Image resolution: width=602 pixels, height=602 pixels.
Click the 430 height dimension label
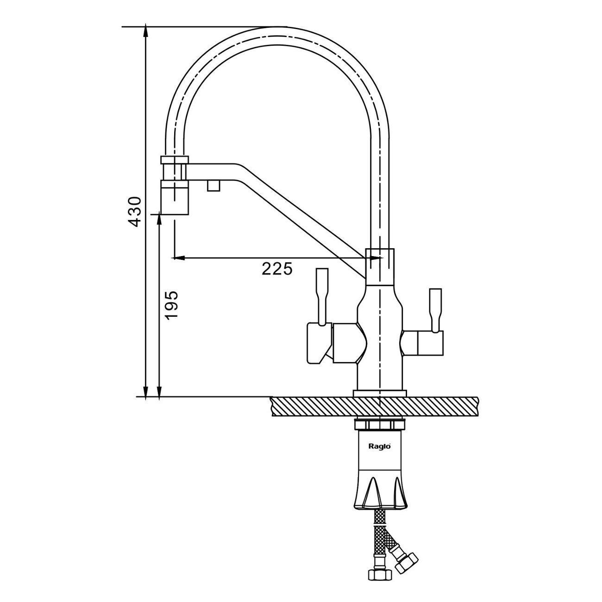(135, 212)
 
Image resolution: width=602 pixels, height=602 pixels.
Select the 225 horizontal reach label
(277, 269)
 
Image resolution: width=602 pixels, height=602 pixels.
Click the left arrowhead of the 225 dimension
(179, 258)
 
